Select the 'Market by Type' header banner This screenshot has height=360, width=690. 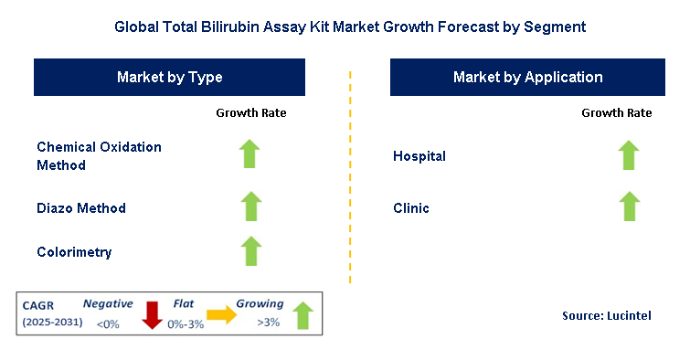pyautogui.click(x=170, y=78)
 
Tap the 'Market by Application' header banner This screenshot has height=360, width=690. pyautogui.click(x=527, y=78)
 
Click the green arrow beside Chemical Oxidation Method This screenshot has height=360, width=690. pyautogui.click(x=250, y=154)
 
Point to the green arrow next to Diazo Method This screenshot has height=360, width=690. pyautogui.click(x=250, y=206)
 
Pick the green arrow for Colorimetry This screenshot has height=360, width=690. pyautogui.click(x=250, y=250)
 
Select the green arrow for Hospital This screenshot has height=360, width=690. pyautogui.click(x=628, y=155)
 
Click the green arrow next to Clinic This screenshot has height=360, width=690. pyautogui.click(x=628, y=206)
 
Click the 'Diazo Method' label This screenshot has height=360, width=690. pyautogui.click(x=81, y=208)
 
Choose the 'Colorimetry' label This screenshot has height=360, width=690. pyautogui.click(x=74, y=251)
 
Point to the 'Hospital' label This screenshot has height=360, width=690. pyautogui.click(x=419, y=156)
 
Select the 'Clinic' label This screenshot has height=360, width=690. pyautogui.click(x=411, y=208)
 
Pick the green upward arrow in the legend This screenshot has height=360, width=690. pyautogui.click(x=302, y=316)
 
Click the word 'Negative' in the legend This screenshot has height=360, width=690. pyautogui.click(x=108, y=303)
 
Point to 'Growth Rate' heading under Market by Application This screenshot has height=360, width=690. pyautogui.click(x=616, y=113)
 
